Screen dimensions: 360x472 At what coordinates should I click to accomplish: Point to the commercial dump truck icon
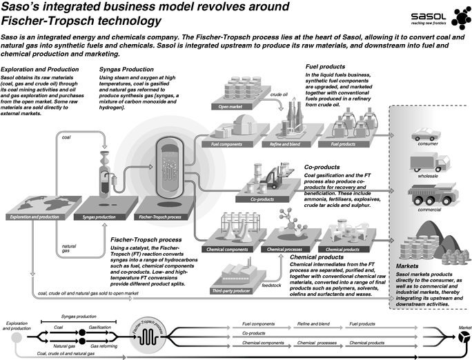[x=426, y=198]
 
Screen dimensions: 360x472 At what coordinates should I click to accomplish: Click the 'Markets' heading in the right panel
[x=409, y=266]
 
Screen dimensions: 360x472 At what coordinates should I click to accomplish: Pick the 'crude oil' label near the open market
[x=279, y=93]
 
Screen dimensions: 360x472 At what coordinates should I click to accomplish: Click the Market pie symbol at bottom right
[x=458, y=336]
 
